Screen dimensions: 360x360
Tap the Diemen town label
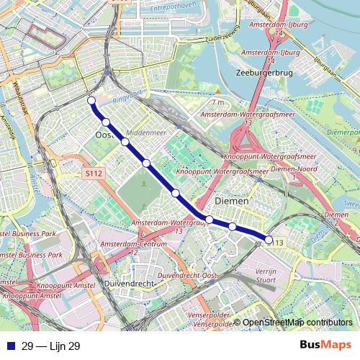coord(232,202)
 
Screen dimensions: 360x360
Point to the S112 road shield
coord(94,174)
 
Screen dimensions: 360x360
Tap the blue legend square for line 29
coord(9,346)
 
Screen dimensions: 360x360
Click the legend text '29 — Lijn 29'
coord(50,346)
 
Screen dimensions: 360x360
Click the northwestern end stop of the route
coord(91,100)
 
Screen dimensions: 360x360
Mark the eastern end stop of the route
coord(269,240)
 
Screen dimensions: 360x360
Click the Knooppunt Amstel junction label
coord(32,296)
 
